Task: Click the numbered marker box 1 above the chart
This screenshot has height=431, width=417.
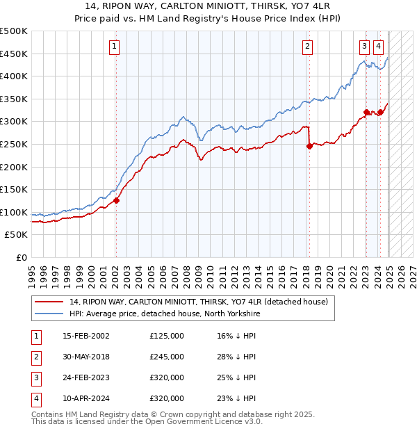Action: (113, 47)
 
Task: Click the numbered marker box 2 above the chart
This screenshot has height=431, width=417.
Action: (307, 47)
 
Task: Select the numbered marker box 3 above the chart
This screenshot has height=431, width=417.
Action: (364, 47)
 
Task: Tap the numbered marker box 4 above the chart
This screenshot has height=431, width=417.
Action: (378, 47)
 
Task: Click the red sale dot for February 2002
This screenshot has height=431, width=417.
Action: (116, 201)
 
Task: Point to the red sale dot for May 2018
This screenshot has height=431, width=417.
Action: (309, 146)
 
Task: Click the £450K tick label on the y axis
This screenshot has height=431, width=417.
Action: (14, 54)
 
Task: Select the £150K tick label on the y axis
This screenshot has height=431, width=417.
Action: (14, 189)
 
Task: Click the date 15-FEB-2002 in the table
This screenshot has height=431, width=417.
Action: (85, 336)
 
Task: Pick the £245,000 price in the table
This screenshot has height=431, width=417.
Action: (167, 357)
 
